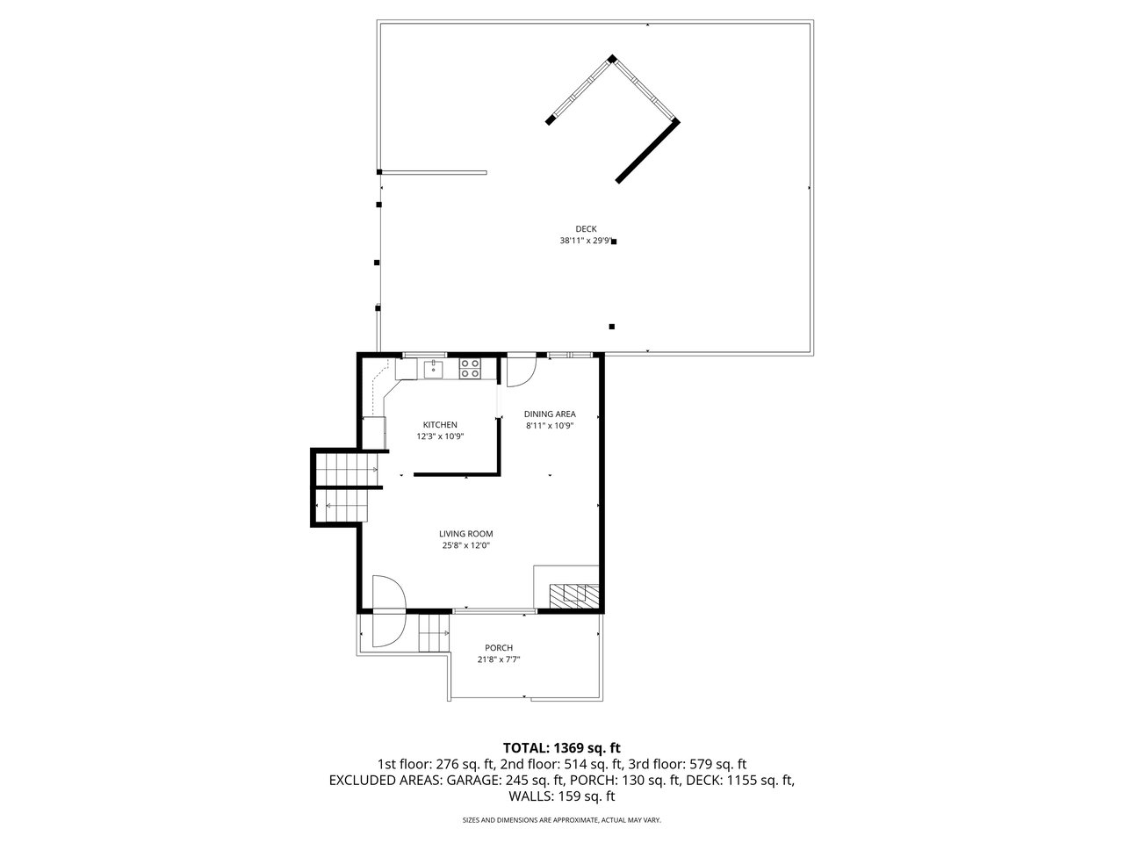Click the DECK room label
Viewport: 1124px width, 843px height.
coord(586,229)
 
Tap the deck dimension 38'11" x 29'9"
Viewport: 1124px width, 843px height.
coord(586,241)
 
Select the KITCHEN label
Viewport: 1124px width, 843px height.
coord(440,425)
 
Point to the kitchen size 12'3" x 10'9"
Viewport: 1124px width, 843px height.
coord(440,436)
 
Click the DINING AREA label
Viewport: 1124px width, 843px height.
coord(550,414)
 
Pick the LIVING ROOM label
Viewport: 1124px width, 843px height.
coord(466,534)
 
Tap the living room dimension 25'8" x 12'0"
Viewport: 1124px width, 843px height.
coord(466,545)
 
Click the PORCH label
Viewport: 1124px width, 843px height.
coord(499,648)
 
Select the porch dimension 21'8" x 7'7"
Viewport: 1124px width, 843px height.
coord(499,659)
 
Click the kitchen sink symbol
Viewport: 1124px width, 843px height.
coord(433,369)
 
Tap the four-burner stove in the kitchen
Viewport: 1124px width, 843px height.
coord(470,369)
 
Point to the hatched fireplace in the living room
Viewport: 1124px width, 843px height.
coord(573,595)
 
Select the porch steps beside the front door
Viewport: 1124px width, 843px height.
coord(434,633)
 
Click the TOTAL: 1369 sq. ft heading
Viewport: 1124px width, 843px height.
coord(562,748)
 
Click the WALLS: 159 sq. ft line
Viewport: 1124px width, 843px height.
coord(562,796)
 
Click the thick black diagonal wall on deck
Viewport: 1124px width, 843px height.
coord(648,152)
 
